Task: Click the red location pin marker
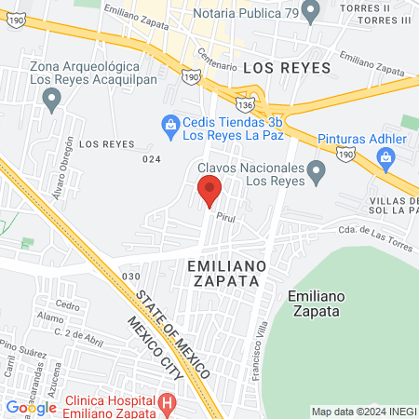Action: point(209,189)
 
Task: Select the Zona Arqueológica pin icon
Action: point(51,101)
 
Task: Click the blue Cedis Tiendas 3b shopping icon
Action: point(170,124)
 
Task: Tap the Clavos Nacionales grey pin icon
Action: point(317,170)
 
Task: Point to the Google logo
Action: point(31,407)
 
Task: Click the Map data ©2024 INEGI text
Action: point(362,412)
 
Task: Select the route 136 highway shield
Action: point(245,99)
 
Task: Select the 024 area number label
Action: point(151,159)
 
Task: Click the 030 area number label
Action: point(130,277)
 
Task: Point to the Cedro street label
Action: point(67,304)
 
